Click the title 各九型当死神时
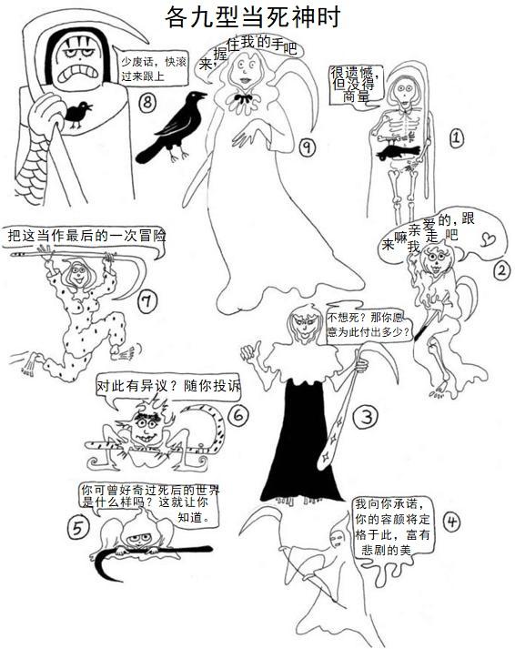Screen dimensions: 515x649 pos(252,16)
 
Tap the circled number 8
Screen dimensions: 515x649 pos(147,102)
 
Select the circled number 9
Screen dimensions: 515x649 pos(307,147)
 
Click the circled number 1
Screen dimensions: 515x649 pos(456,137)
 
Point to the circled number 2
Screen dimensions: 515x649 pos(501,270)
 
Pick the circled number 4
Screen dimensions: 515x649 pos(451,522)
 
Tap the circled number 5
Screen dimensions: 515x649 pos(78,528)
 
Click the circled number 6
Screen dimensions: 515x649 pos(238,414)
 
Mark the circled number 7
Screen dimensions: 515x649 pos(146,301)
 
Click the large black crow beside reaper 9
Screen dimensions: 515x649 pos(172,127)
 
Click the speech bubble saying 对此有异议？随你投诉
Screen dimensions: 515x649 pos(168,388)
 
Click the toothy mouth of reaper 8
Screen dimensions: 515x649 pos(77,73)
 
